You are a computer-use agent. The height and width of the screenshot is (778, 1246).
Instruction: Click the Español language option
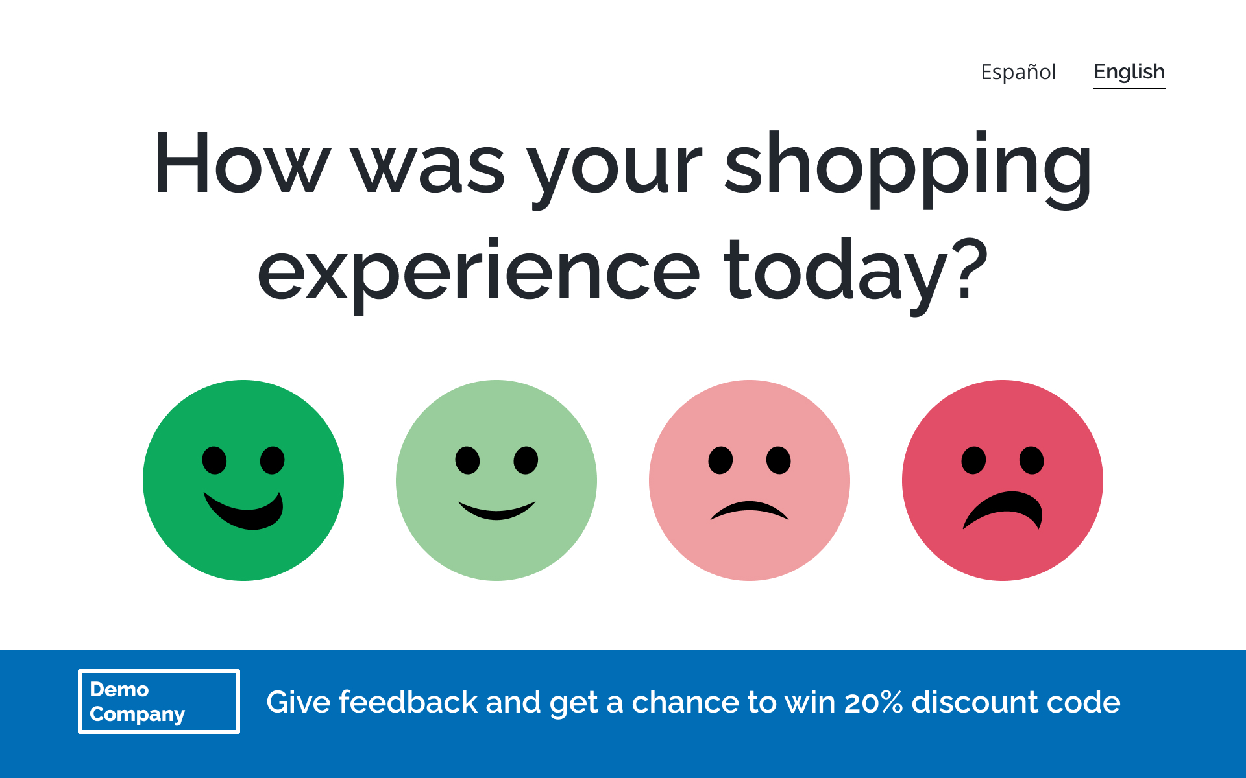(1018, 72)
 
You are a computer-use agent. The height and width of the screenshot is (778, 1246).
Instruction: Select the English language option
(1129, 72)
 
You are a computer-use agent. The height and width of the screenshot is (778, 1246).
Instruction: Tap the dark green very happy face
(243, 480)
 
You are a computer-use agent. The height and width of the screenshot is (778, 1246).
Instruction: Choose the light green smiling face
(496, 480)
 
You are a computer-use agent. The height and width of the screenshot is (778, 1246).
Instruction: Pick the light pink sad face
(750, 480)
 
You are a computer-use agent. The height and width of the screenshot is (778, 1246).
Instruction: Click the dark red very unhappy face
(1003, 480)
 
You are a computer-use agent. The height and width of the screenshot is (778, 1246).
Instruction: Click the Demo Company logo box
(159, 701)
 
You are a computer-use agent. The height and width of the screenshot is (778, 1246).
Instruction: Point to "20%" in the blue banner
(873, 702)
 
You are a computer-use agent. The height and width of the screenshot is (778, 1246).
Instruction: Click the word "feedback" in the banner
(408, 702)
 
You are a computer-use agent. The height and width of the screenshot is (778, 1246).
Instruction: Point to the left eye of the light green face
(467, 460)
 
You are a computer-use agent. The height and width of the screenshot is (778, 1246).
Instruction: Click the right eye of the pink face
(779, 460)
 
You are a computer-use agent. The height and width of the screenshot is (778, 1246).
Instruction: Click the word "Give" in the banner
(299, 702)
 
